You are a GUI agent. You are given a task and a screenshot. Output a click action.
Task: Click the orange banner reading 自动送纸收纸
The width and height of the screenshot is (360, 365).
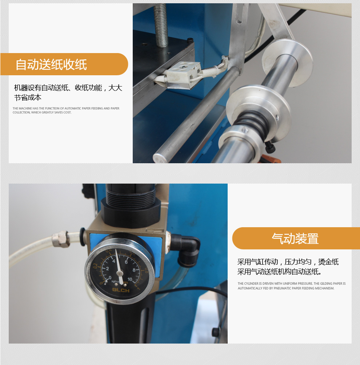(x=64, y=64)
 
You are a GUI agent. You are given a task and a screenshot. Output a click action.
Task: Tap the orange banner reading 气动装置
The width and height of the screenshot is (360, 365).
(x=296, y=238)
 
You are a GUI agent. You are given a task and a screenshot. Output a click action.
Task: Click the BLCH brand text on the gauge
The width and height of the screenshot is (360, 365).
(x=121, y=290)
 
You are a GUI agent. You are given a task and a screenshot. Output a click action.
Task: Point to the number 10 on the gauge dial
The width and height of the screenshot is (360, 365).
(x=130, y=279)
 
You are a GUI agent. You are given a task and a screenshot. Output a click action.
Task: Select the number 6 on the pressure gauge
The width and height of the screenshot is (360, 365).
(x=126, y=262)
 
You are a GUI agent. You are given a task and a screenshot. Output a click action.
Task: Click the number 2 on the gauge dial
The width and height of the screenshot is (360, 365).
(x=107, y=268)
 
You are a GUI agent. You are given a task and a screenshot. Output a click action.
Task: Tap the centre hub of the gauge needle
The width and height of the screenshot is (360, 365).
(x=120, y=273)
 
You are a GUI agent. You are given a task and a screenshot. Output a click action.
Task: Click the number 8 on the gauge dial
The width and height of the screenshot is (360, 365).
(x=134, y=270)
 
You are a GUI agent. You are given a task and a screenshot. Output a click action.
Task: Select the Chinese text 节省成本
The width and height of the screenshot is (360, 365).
(x=28, y=97)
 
